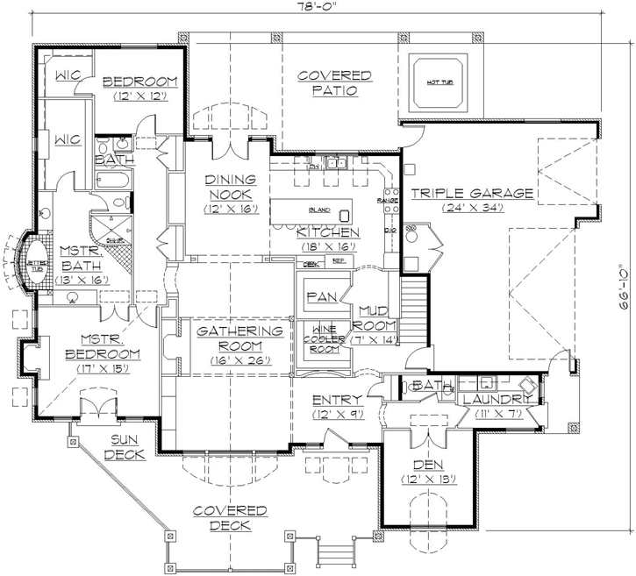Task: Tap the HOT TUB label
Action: point(439,82)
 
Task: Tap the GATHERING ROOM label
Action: point(239,338)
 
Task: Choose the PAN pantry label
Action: point(317,295)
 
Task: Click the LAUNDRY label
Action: point(497,400)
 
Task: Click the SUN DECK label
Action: point(125,446)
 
